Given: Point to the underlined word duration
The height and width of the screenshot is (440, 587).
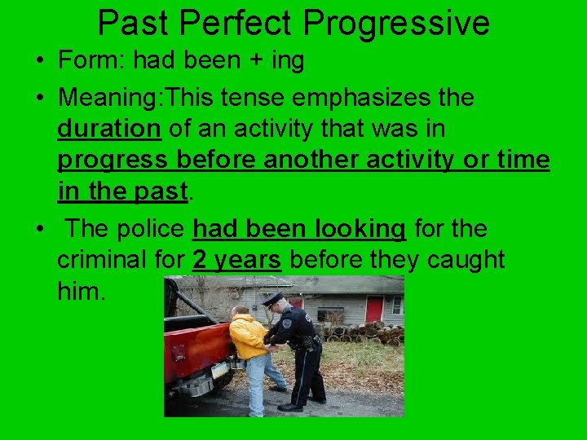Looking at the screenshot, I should point(109,129).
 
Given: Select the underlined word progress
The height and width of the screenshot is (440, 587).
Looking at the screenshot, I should point(110,161).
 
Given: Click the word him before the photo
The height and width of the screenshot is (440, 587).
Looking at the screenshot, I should point(82,292).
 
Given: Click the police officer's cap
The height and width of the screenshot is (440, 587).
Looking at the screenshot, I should point(274,299).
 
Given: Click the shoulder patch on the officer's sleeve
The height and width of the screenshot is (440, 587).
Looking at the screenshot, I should point(287,323).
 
